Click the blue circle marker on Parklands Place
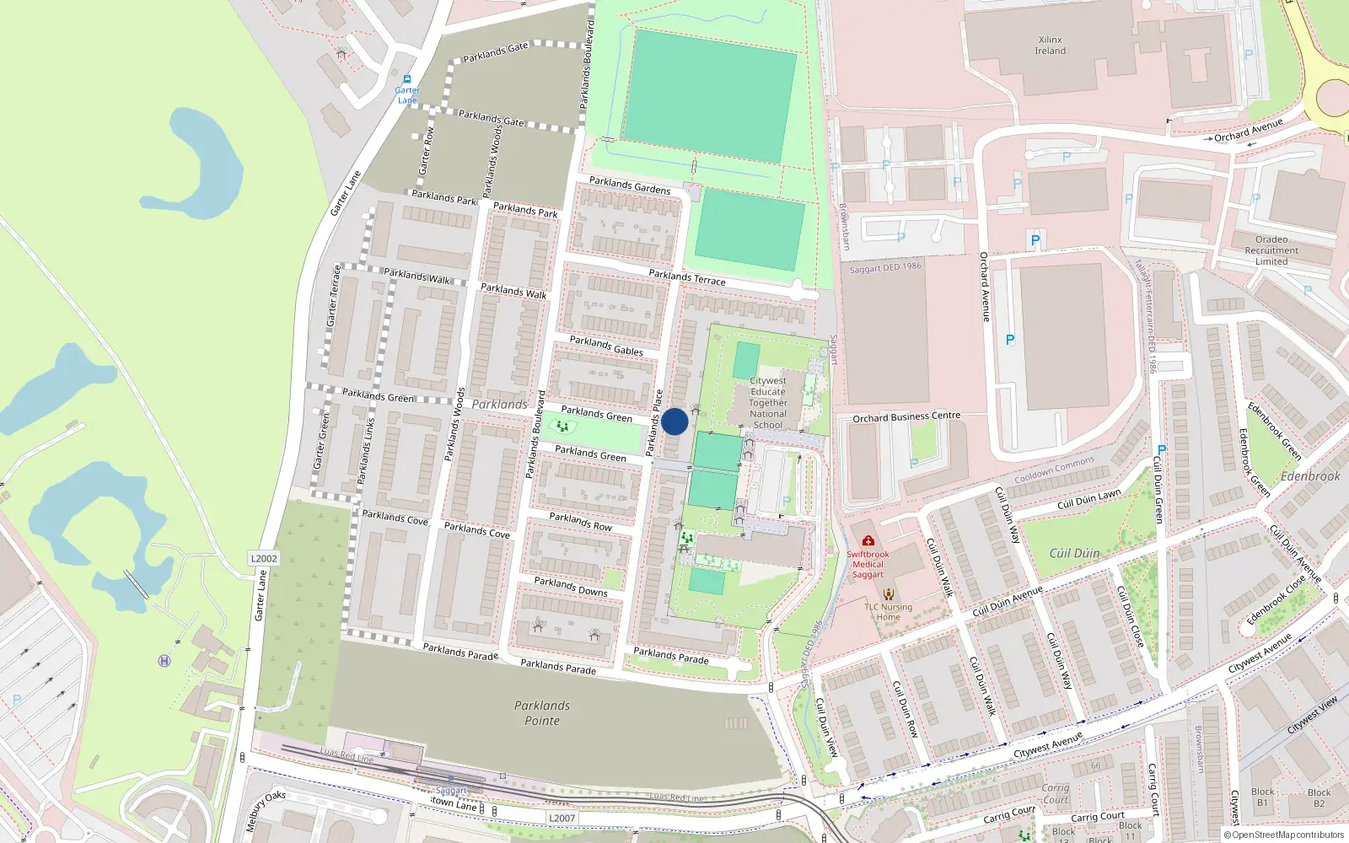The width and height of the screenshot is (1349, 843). pyautogui.click(x=674, y=421)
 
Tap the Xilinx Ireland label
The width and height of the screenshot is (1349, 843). pyautogui.click(x=1051, y=46)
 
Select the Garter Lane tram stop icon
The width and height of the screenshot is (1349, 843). pyautogui.click(x=407, y=79)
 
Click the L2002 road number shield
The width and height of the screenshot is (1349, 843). pyautogui.click(x=264, y=558)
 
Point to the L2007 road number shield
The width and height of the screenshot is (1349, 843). pyautogui.click(x=562, y=818)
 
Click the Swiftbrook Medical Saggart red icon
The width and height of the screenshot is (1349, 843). pyautogui.click(x=868, y=540)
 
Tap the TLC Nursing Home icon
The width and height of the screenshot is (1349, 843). pyautogui.click(x=888, y=594)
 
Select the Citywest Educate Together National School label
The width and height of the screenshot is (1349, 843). pyautogui.click(x=768, y=403)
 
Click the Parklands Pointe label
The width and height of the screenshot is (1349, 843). pyautogui.click(x=542, y=713)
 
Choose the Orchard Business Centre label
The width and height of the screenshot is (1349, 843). pyautogui.click(x=906, y=416)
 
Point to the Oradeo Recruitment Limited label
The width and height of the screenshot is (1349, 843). pyautogui.click(x=1271, y=250)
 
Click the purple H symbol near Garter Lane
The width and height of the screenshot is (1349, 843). pyautogui.click(x=164, y=661)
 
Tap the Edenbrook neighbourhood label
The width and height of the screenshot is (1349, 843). pyautogui.click(x=1310, y=476)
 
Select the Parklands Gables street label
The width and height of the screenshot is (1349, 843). pyautogui.click(x=606, y=346)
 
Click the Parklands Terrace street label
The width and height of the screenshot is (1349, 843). pyautogui.click(x=687, y=277)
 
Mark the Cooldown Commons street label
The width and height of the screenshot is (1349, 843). pyautogui.click(x=1054, y=470)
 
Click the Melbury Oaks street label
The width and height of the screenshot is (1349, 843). pyautogui.click(x=266, y=811)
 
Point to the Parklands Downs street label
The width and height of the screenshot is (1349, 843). pyautogui.click(x=571, y=587)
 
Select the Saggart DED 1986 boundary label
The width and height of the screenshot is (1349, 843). pyautogui.click(x=885, y=268)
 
